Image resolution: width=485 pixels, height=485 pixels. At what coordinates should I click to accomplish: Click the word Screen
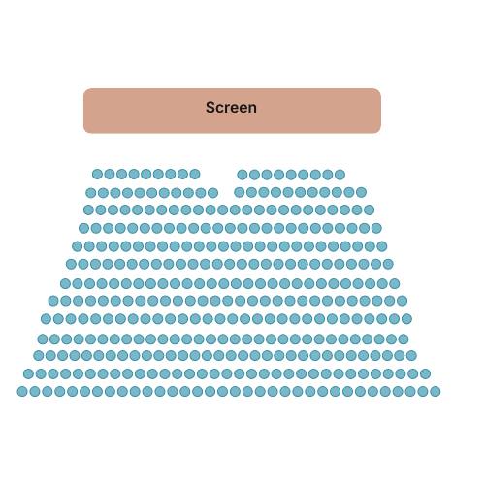(x=231, y=108)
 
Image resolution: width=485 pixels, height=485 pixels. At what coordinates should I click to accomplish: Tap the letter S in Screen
(x=210, y=108)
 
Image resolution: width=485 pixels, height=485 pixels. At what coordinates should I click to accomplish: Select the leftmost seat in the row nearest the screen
(x=97, y=174)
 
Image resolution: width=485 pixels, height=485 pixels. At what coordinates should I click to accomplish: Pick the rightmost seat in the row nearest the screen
(x=339, y=175)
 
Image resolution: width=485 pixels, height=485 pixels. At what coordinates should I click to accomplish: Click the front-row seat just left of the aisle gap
(x=195, y=174)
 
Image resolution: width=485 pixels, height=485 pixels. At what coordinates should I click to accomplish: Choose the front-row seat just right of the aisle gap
(x=242, y=175)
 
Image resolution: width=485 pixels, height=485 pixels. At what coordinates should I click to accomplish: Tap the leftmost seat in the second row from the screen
(x=91, y=193)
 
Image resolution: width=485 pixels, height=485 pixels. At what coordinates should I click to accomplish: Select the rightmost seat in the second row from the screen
(x=361, y=192)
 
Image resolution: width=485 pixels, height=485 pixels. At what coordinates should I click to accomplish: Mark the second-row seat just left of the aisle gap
(x=212, y=193)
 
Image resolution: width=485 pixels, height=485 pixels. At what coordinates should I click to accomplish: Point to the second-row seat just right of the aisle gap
(x=240, y=192)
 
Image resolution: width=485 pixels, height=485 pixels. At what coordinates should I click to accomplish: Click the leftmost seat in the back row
(x=22, y=392)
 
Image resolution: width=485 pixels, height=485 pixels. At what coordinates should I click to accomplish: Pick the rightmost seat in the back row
(x=436, y=392)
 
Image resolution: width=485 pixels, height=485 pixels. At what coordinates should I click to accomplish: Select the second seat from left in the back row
(x=35, y=392)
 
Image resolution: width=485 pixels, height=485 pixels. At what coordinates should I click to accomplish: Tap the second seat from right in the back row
(x=423, y=392)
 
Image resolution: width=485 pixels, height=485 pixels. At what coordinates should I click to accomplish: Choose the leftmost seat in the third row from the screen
(x=88, y=210)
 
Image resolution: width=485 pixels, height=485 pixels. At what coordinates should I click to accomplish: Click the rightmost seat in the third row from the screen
(x=369, y=210)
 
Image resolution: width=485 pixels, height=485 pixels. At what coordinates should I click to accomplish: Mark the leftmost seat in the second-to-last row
(x=28, y=374)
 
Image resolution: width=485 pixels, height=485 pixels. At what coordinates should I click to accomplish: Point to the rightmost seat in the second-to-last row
(x=425, y=374)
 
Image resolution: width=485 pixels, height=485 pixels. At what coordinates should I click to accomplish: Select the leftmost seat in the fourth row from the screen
(x=83, y=228)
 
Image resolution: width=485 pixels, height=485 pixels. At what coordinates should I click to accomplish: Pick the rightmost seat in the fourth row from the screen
(x=376, y=228)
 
